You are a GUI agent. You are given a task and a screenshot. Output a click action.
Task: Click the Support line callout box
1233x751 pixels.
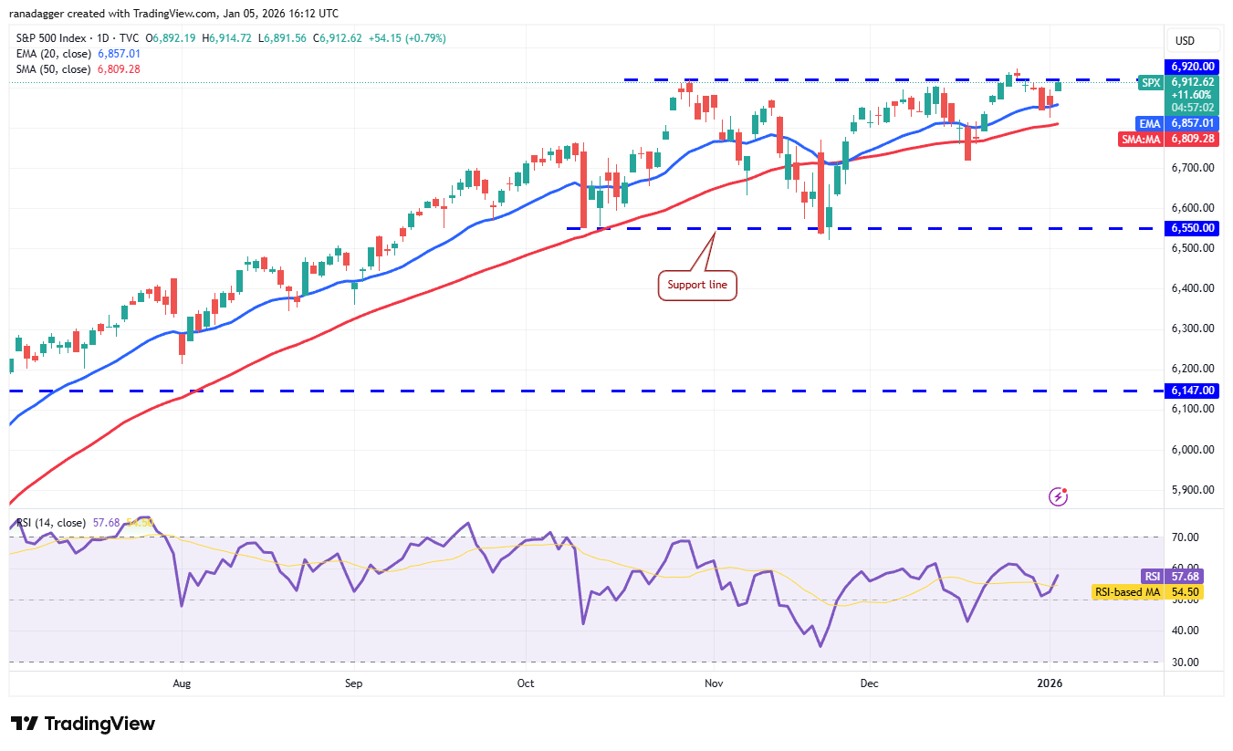pos(697,285)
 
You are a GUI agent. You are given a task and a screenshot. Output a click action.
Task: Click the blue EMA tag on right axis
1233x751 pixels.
pos(1148,122)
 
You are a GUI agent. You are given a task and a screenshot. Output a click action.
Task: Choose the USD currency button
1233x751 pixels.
pos(1186,41)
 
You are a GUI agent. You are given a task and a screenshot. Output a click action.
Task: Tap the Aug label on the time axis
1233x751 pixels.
pos(182,682)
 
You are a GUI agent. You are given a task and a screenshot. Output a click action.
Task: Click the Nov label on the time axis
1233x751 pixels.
pos(715,682)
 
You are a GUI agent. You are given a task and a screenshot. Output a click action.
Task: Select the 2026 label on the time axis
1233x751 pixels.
pos(1050,682)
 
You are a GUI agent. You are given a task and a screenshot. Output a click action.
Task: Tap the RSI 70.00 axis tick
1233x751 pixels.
pos(1186,538)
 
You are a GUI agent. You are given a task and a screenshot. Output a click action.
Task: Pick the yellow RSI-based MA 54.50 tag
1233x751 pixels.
pos(1147,592)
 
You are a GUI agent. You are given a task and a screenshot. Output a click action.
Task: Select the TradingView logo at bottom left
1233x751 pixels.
pos(83,724)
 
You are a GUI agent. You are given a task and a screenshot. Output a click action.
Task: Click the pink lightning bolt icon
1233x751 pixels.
pos(1058,496)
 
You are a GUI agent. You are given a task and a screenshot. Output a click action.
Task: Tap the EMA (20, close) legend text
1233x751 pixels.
pos(53,54)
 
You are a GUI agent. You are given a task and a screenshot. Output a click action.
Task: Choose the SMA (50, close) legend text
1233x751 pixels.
pos(53,69)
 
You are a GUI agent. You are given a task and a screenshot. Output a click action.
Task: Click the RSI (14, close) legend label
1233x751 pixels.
pos(51,523)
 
